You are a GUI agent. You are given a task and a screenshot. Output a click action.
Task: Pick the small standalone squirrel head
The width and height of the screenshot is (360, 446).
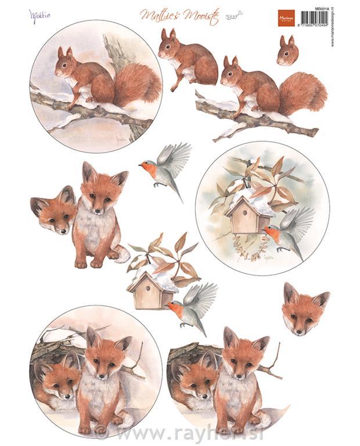coord(287,51)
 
